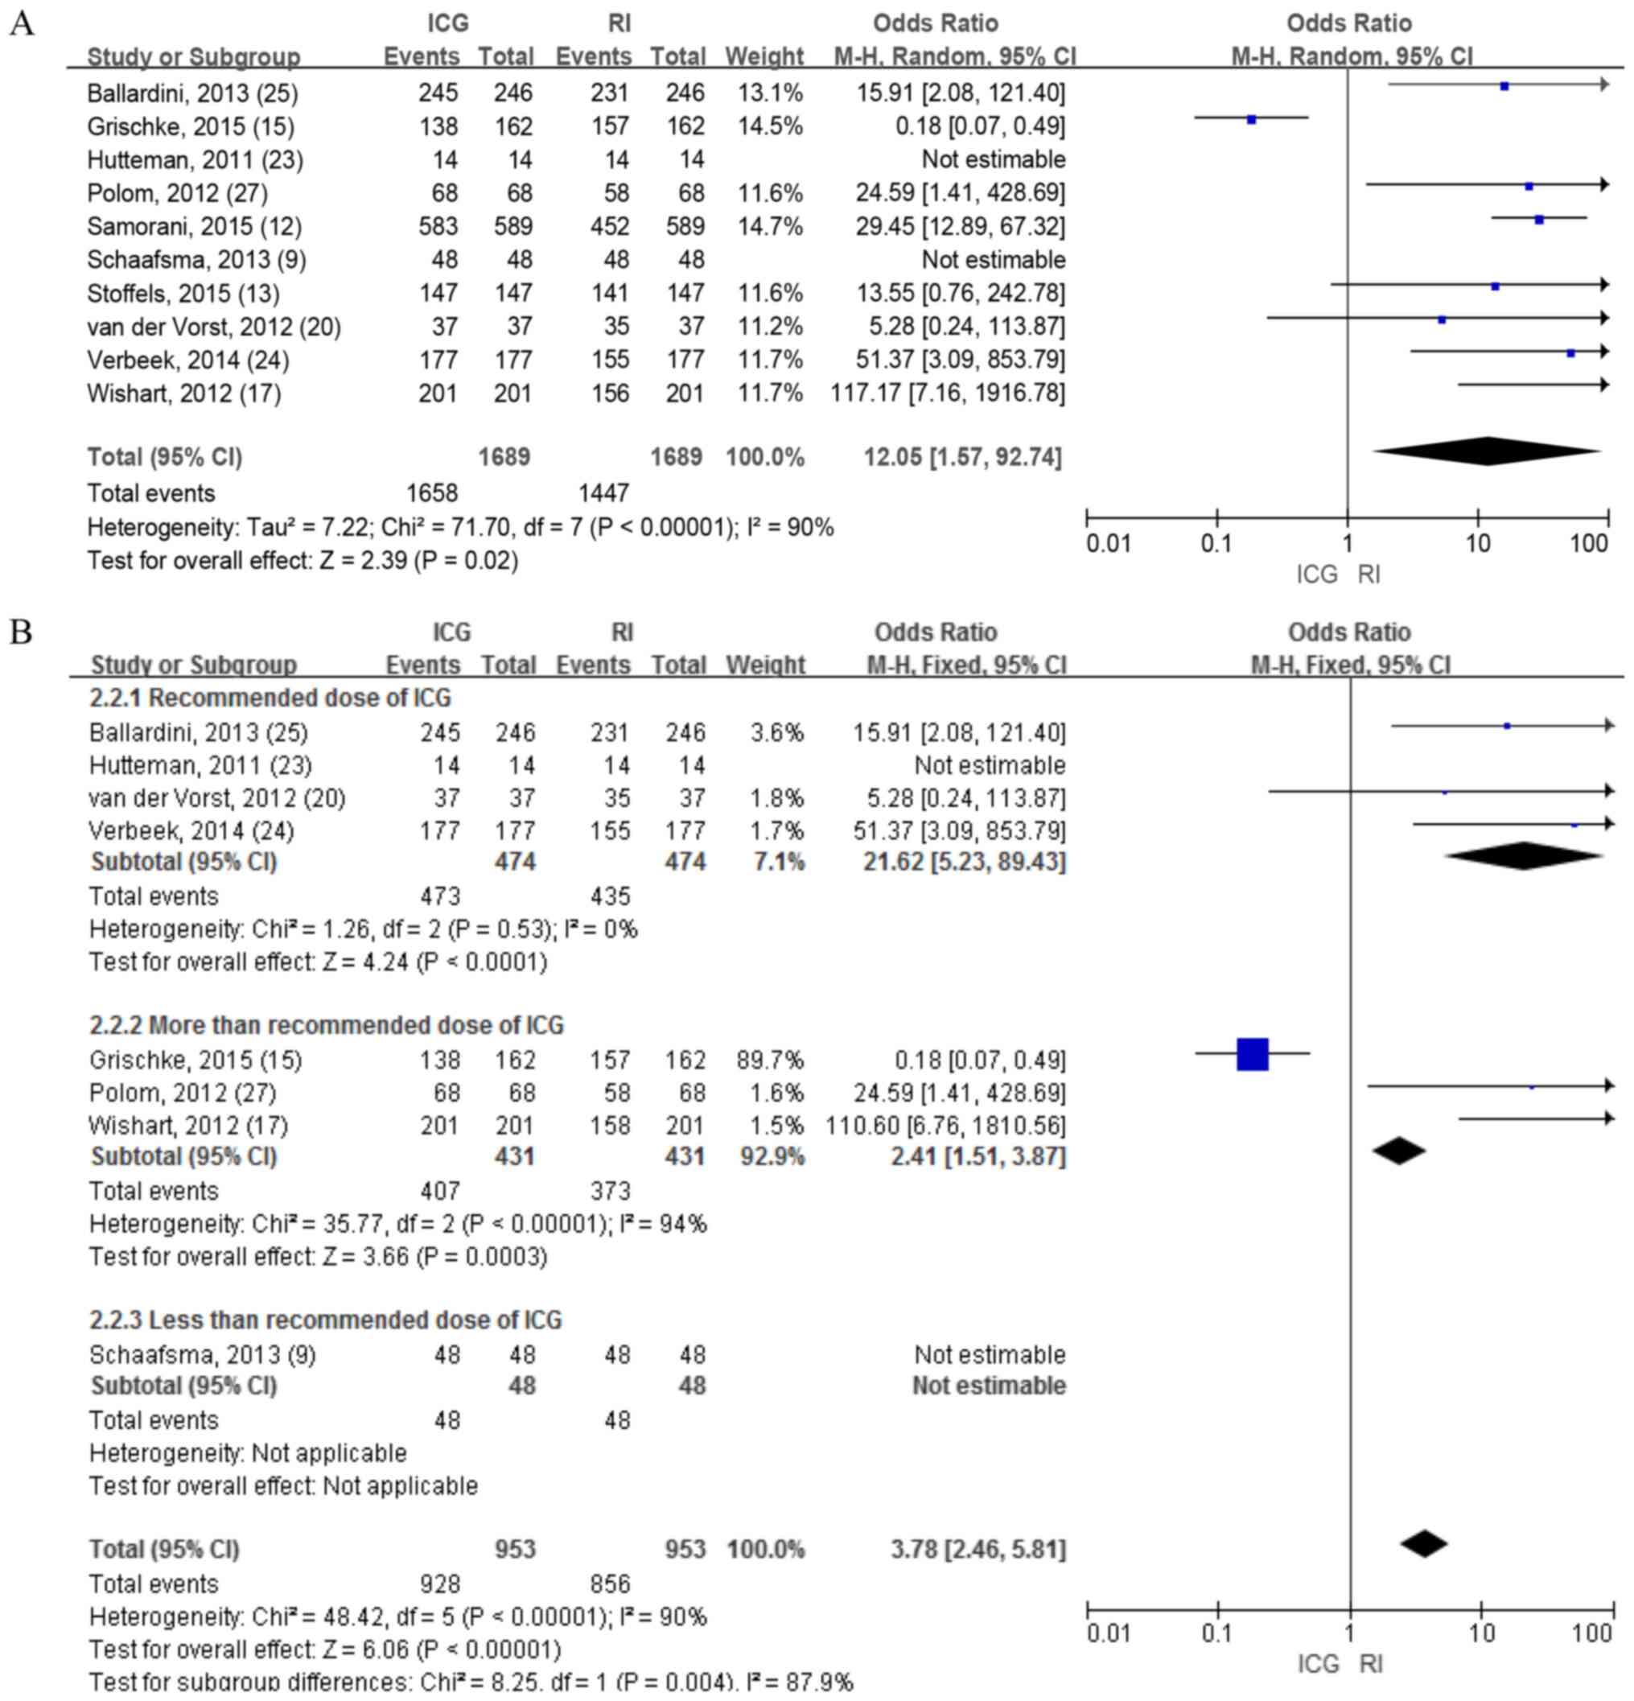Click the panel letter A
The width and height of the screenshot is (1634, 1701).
point(21,23)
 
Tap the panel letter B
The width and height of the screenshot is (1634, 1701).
point(21,632)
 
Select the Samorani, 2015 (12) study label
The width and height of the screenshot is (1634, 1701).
point(195,227)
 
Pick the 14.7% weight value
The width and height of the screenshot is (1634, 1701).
point(770,227)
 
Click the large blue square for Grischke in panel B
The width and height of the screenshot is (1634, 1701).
point(1252,1053)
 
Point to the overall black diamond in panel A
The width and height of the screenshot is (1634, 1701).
point(1487,451)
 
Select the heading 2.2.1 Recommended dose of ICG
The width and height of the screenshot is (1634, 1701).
point(270,698)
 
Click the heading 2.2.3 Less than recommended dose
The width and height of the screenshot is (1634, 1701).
point(325,1320)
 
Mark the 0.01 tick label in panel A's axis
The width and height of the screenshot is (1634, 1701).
point(1108,544)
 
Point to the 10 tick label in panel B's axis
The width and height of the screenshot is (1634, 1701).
point(1482,1633)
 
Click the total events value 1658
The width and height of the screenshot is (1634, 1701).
point(431,493)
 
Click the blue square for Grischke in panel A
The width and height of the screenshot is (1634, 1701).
point(1251,120)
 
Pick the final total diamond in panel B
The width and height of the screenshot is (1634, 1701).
point(1424,1543)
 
